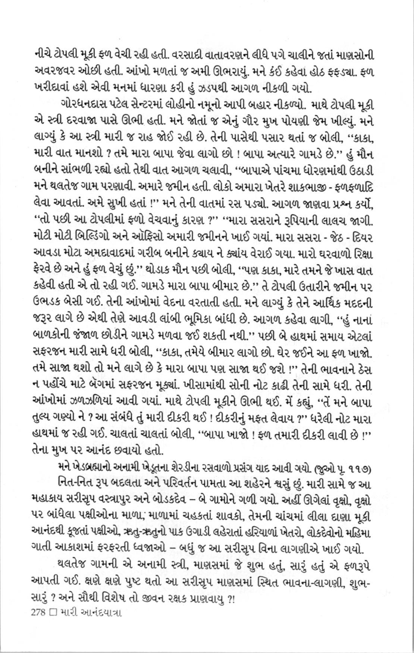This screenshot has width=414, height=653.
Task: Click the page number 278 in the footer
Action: coord(38,611)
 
